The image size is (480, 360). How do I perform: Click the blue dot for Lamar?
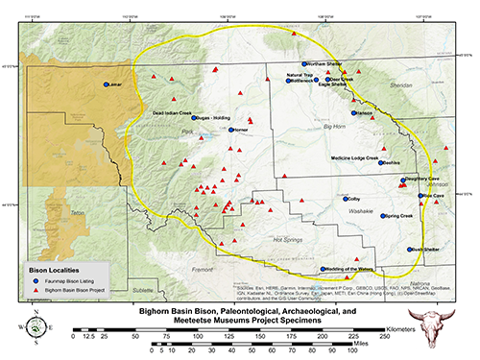point(107,84)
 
